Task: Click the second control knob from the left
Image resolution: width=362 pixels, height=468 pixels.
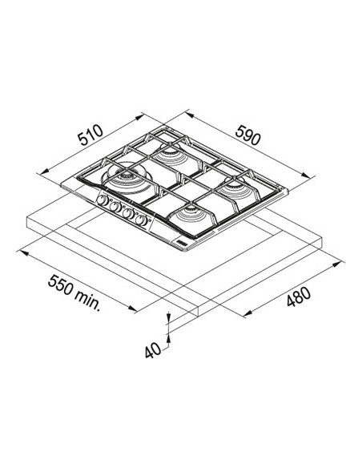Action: click(115, 208)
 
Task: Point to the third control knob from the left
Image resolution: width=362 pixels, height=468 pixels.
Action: click(128, 212)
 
